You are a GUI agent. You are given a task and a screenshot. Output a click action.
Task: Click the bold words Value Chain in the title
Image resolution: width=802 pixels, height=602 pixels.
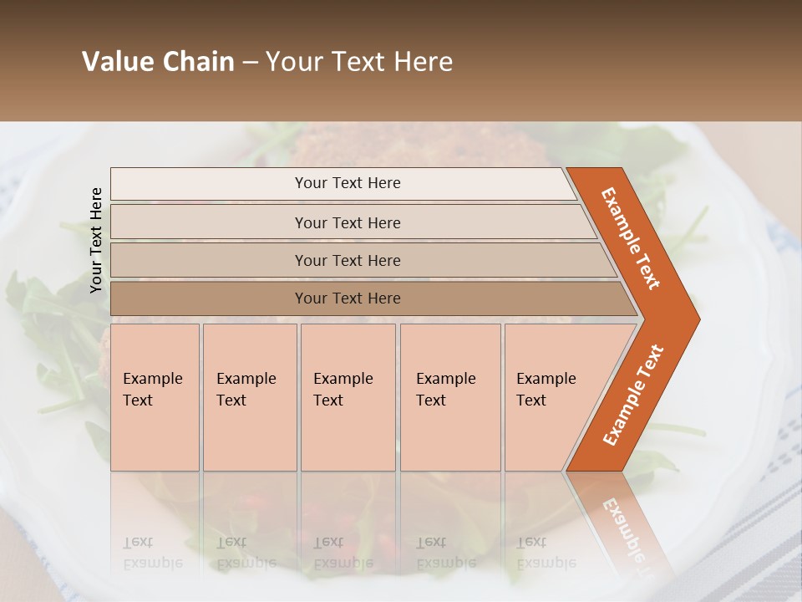[158, 62]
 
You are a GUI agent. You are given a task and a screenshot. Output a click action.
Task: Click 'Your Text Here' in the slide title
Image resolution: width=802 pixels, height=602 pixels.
[359, 62]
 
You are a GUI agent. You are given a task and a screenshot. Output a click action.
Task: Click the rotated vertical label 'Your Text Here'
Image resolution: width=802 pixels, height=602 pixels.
[96, 240]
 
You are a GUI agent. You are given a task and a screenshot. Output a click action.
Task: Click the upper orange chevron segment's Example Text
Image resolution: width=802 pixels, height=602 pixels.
[631, 238]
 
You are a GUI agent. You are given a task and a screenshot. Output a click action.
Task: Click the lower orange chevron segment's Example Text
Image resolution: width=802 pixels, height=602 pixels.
[633, 395]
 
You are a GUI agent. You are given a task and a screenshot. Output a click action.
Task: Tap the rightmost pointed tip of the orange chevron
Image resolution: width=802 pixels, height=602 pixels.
[697, 319]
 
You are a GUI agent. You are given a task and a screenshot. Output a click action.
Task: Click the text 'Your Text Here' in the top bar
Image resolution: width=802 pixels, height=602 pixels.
[348, 183]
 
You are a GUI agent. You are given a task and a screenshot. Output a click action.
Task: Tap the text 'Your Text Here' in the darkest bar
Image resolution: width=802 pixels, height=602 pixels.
[348, 298]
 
